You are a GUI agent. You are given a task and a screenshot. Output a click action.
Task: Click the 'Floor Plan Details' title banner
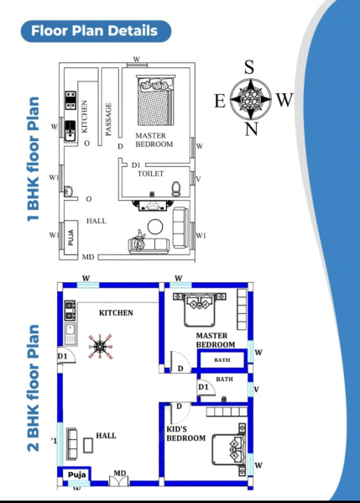pos(96,31)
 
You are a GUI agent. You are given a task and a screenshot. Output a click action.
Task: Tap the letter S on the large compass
pos(249,67)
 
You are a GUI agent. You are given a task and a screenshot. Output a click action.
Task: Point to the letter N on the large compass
pos(252,129)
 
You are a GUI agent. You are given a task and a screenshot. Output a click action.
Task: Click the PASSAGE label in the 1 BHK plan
pos(108,119)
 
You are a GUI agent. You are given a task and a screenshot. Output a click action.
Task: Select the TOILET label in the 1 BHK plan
pos(151,174)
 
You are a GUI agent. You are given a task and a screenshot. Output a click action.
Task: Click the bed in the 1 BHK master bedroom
pos(156,100)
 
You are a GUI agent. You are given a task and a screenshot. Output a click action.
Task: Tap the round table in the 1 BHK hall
pos(155,227)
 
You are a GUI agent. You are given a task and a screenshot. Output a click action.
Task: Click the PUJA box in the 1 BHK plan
pos(70,238)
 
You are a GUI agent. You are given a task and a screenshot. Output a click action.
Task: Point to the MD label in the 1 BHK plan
pos(88,257)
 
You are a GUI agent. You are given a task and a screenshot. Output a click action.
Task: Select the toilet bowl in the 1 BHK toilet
pos(175,188)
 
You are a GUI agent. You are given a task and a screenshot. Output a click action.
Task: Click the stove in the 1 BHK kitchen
pos(70,100)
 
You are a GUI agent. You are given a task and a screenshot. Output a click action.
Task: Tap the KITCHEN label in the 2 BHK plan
pos(116,312)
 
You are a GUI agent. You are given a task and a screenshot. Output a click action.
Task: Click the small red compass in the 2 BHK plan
pos(101,347)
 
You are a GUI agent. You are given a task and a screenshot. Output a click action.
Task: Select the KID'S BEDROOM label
pos(186,433)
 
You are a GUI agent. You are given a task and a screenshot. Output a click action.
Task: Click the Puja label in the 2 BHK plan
pos(77,474)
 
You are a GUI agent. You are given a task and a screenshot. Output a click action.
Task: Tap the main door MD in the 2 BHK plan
pos(119,479)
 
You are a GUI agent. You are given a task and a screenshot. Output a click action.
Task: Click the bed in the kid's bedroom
pos(228,449)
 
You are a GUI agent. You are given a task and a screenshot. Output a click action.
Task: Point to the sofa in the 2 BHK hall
pos(72,443)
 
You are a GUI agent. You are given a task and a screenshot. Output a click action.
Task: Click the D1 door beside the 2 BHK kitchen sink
pos(66,355)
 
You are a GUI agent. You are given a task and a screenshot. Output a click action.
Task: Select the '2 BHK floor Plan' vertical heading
pos(33,388)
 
